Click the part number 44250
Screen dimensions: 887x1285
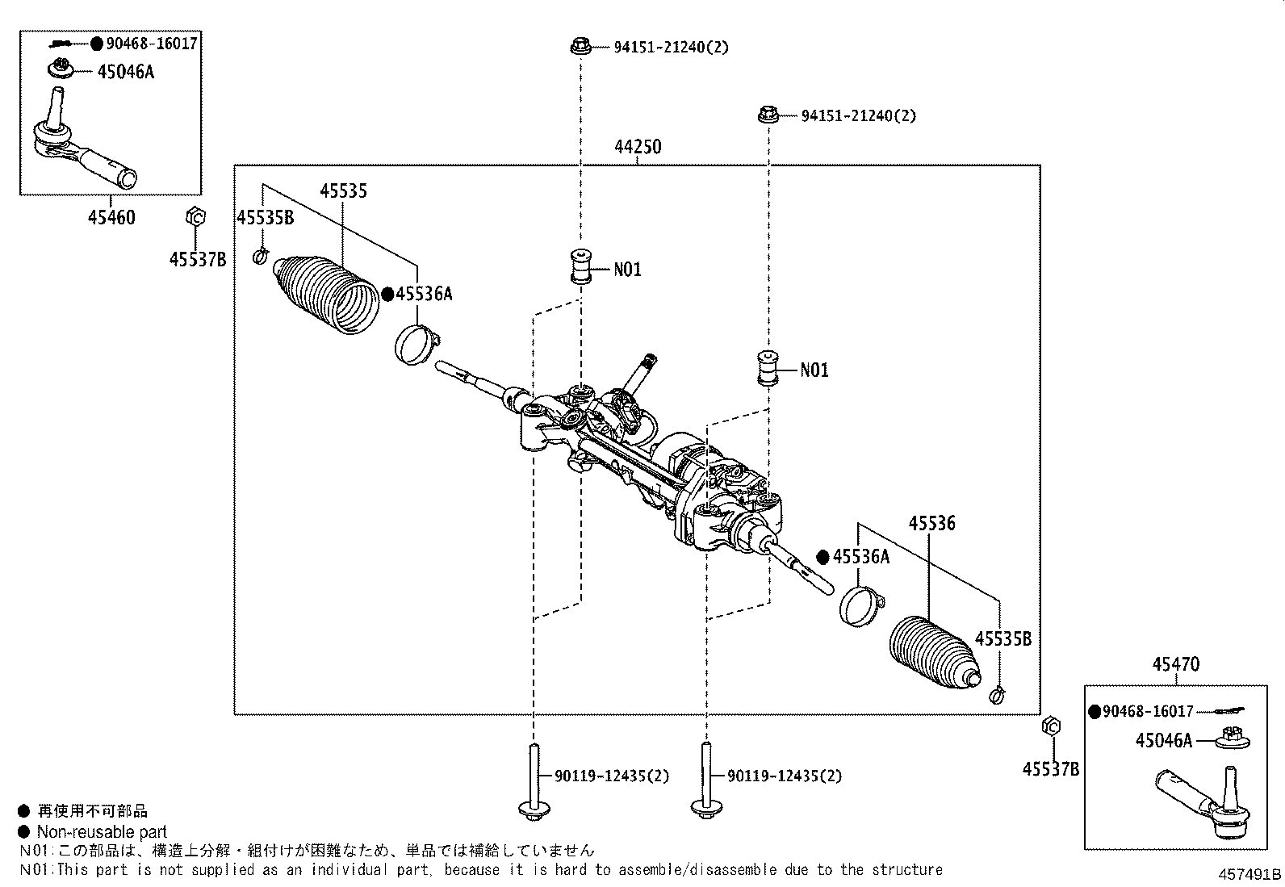(x=637, y=147)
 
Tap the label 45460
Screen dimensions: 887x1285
(x=111, y=217)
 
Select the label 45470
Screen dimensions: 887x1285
(x=1175, y=664)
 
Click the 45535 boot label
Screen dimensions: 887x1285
(x=343, y=191)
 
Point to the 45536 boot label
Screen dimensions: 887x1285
(x=931, y=523)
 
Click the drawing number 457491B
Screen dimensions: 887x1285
(x=1249, y=875)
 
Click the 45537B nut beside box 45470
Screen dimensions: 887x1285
(x=1050, y=726)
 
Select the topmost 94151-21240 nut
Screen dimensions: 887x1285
(x=579, y=46)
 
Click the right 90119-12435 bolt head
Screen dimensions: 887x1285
(x=705, y=807)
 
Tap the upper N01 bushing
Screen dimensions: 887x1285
(x=579, y=267)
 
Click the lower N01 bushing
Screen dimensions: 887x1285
(x=767, y=369)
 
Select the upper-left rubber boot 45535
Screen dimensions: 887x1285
(x=328, y=293)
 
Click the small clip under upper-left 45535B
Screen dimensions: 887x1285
(x=260, y=257)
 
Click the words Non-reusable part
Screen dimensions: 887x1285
(x=102, y=832)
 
